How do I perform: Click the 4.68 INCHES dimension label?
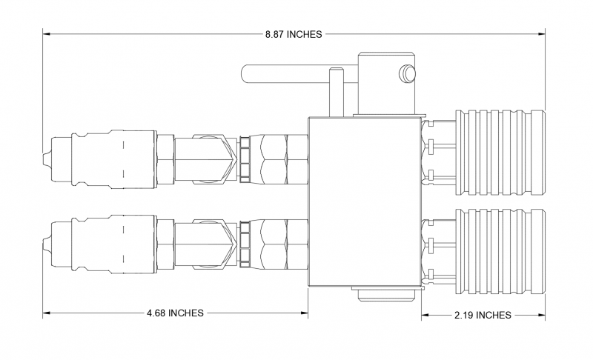pyautogui.click(x=176, y=313)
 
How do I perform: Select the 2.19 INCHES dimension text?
pyautogui.click(x=483, y=315)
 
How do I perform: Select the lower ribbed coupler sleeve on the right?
pyautogui.click(x=499, y=247)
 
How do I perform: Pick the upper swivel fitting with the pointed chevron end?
pyautogui.click(x=214, y=158)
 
